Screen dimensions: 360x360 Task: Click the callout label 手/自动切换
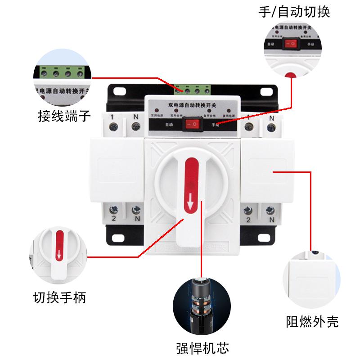[294, 11]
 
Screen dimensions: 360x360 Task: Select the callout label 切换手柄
[59, 297]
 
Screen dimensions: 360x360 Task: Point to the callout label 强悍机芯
[202, 348]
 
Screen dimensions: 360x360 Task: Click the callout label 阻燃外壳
[312, 321]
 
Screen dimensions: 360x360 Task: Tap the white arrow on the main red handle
[191, 205]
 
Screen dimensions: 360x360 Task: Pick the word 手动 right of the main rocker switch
[215, 126]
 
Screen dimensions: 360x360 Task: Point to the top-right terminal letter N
[271, 118]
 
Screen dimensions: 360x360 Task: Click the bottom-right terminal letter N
[271, 220]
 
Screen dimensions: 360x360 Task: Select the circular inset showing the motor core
[202, 304]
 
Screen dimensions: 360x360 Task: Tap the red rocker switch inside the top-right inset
[291, 44]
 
